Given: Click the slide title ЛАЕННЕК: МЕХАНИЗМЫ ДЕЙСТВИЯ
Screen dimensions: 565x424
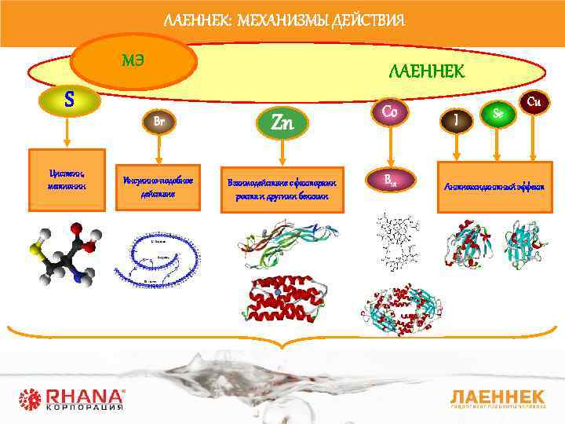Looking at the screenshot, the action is [x=284, y=19].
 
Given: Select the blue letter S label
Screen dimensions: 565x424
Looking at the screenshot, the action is [x=70, y=100].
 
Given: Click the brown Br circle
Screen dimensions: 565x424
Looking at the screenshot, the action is [x=158, y=122].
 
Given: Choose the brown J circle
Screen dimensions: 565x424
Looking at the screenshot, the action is [x=456, y=120].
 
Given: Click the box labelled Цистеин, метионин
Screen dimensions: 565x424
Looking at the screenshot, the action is [x=66, y=180].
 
